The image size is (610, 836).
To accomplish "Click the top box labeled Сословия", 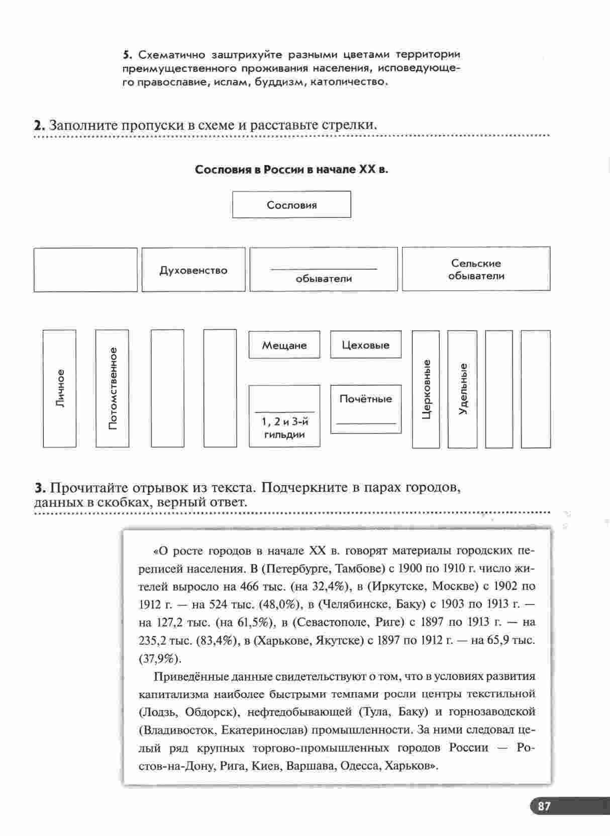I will [291, 205].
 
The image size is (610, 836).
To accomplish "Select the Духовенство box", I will [193, 270].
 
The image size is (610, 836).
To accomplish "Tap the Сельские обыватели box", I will [476, 269].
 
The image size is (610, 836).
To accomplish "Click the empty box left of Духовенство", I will [85, 270].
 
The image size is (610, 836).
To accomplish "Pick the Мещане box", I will [284, 345].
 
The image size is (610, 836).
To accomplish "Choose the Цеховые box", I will [365, 345].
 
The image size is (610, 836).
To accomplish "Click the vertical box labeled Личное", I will [60, 388].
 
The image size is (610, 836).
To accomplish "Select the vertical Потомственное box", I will [112, 388].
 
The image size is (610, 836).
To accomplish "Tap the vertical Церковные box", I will [426, 389].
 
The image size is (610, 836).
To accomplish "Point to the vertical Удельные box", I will [462, 389].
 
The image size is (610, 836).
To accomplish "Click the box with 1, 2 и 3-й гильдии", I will [284, 416].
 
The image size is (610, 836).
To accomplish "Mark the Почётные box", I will [365, 408].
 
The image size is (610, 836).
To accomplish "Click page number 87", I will [544, 806].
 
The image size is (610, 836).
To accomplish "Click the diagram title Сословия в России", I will [291, 170].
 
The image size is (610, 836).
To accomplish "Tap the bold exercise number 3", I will [40, 488].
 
